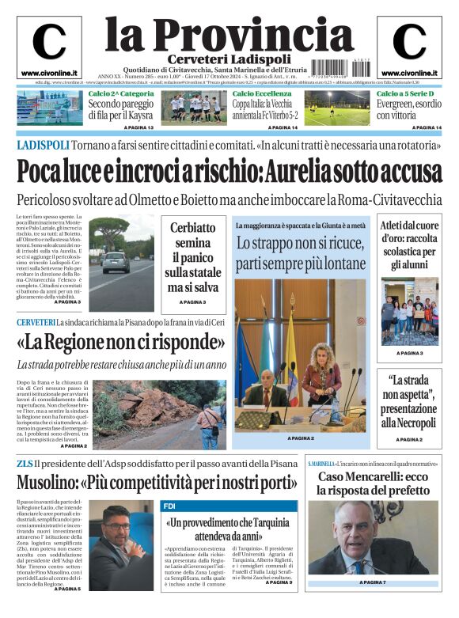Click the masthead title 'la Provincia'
229,35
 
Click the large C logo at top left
49,43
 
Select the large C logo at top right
409,43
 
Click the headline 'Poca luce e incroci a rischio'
229,172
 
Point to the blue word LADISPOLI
42,144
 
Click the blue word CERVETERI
36,323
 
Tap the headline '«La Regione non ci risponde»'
121,343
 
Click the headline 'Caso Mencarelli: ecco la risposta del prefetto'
372,484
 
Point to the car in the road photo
116,262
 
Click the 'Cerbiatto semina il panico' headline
192,256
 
